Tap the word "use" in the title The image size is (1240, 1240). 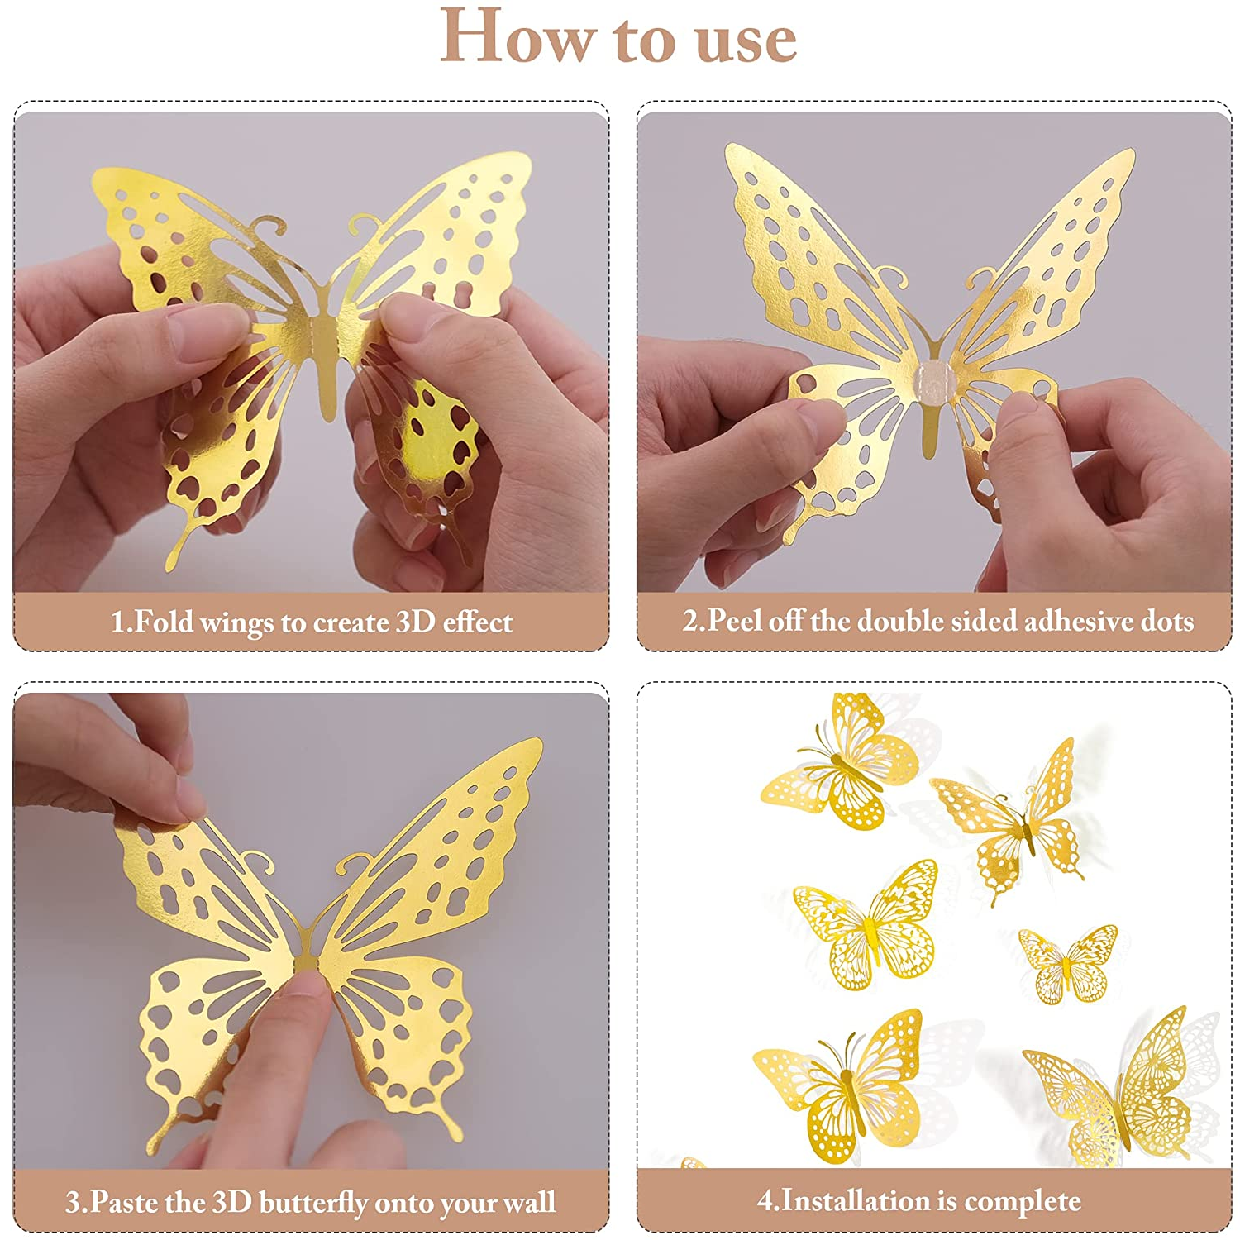[x=746, y=41]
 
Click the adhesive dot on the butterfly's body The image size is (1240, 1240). [x=934, y=381]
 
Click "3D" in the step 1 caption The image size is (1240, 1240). [x=415, y=622]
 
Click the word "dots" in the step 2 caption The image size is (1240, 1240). [x=1167, y=621]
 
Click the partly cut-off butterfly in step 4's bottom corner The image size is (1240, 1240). [x=693, y=1163]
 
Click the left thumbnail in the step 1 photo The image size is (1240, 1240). [x=207, y=337]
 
